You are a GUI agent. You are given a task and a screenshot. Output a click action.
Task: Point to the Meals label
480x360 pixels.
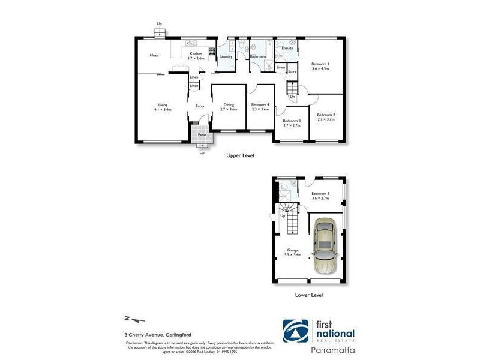(154, 55)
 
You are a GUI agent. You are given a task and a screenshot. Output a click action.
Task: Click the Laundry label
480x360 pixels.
(226, 56)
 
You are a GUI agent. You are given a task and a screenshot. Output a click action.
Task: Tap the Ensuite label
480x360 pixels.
(287, 48)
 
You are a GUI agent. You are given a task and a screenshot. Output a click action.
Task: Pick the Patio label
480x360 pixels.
(202, 135)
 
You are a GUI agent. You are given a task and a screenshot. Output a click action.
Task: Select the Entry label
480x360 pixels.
(200, 106)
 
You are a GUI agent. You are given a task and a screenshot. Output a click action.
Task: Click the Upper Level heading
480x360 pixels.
(240, 155)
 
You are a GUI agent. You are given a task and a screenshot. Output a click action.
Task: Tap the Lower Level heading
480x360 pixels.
(310, 295)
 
